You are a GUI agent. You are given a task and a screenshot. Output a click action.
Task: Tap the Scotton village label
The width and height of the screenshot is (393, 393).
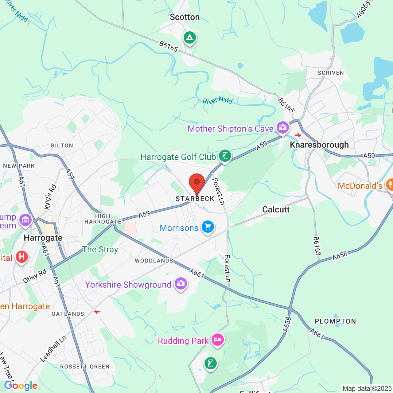pyautogui.click(x=185, y=17)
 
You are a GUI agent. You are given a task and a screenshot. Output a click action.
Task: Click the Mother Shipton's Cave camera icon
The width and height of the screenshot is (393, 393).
pyautogui.click(x=283, y=127)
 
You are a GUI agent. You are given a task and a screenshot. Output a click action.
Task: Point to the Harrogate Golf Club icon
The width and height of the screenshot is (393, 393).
pyautogui.click(x=225, y=156)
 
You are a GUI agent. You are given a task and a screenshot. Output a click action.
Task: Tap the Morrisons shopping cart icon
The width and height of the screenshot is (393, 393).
pyautogui.click(x=208, y=227)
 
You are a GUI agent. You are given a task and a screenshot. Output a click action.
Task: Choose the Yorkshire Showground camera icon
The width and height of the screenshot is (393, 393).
pyautogui.click(x=181, y=284)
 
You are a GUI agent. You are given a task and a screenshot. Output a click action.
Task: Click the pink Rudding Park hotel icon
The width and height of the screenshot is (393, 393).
pyautogui.click(x=217, y=340)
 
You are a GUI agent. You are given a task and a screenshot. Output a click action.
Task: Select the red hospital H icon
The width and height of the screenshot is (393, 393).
pyautogui.click(x=22, y=256)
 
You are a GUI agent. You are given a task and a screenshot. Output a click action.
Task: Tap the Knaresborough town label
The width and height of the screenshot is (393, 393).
pyautogui.click(x=319, y=145)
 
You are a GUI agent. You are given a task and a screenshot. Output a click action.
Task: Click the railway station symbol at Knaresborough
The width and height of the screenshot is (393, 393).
pyautogui.click(x=298, y=134)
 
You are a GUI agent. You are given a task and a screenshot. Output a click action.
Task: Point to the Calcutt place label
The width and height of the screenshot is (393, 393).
pyautogui.click(x=276, y=209)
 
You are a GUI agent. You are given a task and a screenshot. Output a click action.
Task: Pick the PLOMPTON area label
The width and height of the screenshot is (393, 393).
pyautogui.click(x=335, y=321)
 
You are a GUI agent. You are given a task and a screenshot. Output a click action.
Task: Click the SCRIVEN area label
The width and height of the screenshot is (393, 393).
pyautogui.click(x=331, y=73)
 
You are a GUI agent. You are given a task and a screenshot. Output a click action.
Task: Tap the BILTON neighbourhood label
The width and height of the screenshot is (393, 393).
pyautogui.click(x=62, y=146)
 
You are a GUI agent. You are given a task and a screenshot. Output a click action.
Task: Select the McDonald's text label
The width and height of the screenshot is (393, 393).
pyautogui.click(x=360, y=186)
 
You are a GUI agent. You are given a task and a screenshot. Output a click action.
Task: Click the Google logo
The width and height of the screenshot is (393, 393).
pyautogui.click(x=21, y=386)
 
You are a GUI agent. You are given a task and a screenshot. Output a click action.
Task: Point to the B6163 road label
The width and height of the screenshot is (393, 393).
pyautogui.click(x=317, y=246)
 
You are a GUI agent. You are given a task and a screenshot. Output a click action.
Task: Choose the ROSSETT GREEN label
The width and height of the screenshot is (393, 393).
pyautogui.click(x=85, y=367)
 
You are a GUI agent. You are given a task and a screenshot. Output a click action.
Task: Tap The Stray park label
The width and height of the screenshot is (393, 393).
pyautogui.click(x=100, y=249)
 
